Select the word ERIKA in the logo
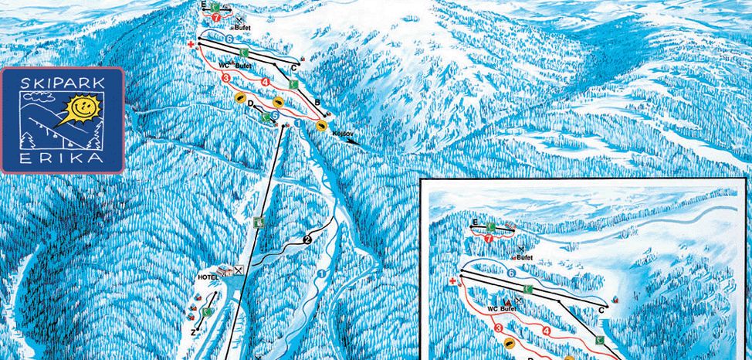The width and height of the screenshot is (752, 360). pyautogui.click(x=62, y=156)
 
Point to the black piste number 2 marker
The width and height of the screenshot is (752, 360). pyautogui.click(x=307, y=239)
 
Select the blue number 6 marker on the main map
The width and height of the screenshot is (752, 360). pyautogui.click(x=229, y=38)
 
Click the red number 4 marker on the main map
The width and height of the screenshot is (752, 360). pyautogui.click(x=266, y=81)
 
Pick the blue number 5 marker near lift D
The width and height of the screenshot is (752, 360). pyautogui.click(x=275, y=116)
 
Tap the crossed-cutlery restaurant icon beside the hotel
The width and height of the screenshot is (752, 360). pyautogui.click(x=239, y=270)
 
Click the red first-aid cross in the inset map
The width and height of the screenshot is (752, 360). pyautogui.click(x=452, y=282)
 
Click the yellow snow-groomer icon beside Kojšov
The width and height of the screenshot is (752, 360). pyautogui.click(x=321, y=124)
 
